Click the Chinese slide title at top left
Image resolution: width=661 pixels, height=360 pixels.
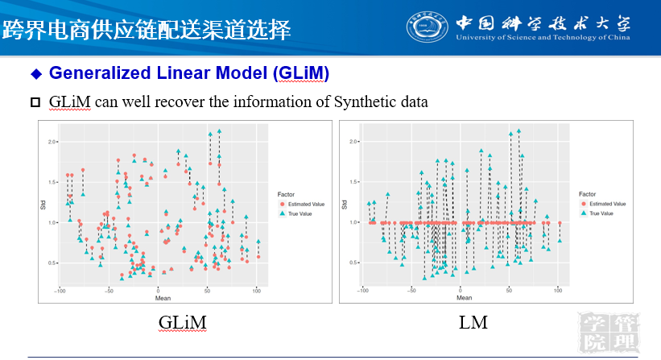point(146,31)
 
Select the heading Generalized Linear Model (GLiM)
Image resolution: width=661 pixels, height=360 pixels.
point(189,73)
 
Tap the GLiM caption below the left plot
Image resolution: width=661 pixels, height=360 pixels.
point(182,323)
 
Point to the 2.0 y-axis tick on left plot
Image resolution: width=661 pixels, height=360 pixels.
point(51,142)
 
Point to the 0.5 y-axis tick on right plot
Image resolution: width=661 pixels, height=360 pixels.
point(351,263)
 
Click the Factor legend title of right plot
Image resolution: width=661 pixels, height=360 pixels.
point(589,193)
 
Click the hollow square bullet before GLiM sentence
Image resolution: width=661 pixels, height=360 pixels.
point(35,102)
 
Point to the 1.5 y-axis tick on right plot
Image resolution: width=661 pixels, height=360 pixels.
point(351,182)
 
